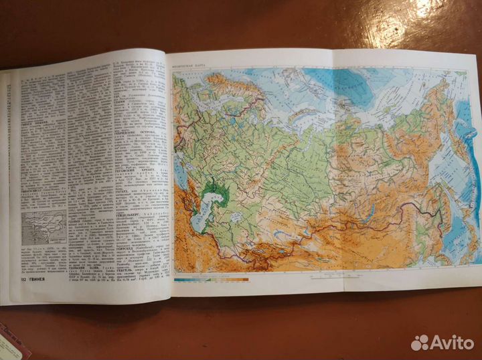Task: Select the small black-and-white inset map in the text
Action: (x=45, y=231)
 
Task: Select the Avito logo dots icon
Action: (x=420, y=343)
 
